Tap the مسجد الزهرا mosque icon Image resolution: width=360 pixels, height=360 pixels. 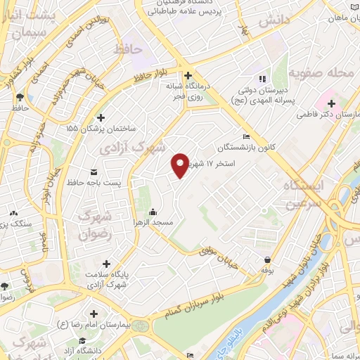point(153,212)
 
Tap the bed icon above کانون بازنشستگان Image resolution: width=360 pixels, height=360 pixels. point(245,136)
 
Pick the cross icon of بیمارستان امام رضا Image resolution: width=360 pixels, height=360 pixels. point(94,313)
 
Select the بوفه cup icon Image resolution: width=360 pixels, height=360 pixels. point(266,259)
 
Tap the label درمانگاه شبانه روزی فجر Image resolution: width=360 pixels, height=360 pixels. point(188,92)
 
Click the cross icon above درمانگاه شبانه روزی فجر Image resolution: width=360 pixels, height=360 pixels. point(188,75)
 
